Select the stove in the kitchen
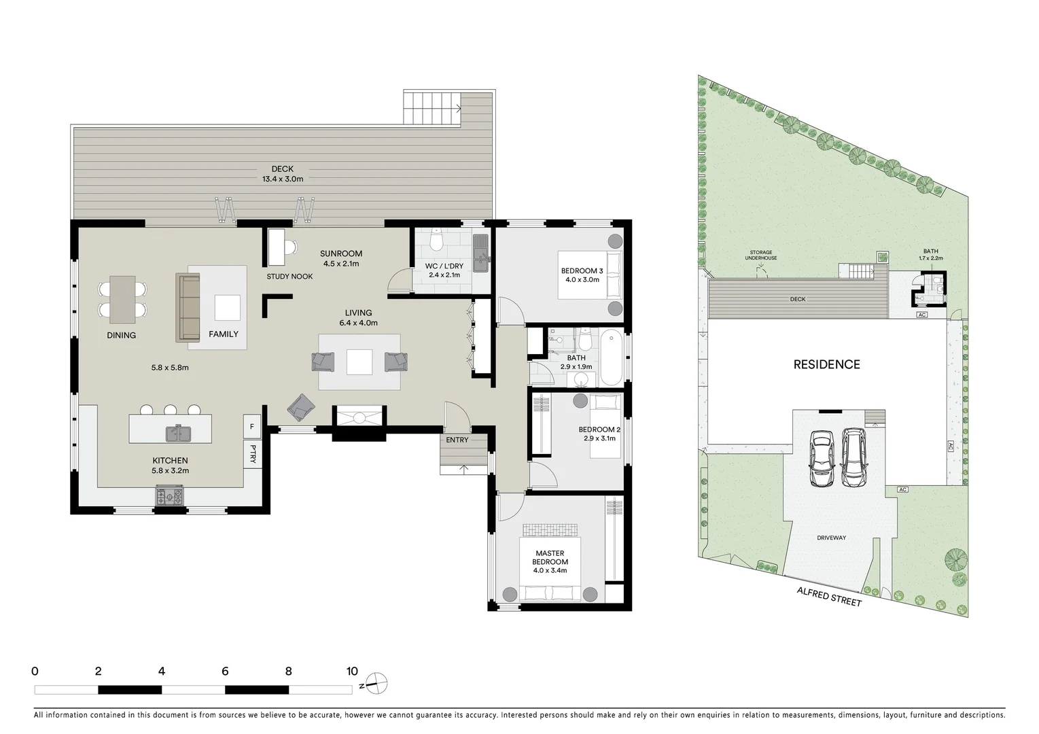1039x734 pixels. (170, 497)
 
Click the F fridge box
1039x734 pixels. (252, 427)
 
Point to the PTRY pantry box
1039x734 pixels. (252, 454)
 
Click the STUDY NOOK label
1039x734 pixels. (289, 277)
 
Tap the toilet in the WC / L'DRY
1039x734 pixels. (437, 239)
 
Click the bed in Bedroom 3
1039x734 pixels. (588, 275)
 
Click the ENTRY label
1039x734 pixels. (457, 440)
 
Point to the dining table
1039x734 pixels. (122, 299)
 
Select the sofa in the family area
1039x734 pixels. (188, 307)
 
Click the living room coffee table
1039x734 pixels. (359, 362)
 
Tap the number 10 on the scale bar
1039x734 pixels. (352, 671)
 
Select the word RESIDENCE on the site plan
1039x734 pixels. (826, 365)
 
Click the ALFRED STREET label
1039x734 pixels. (828, 598)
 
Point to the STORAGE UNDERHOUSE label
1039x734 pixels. (760, 256)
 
